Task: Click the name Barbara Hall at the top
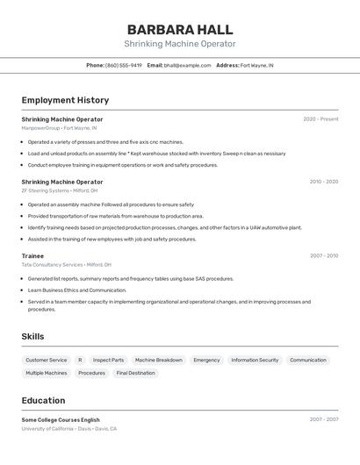coord(179,28)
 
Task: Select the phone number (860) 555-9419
coord(123,65)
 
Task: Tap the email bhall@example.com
coord(187,65)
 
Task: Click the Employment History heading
coord(65,100)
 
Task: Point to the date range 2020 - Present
coord(320,119)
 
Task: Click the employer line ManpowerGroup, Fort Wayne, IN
coord(59,128)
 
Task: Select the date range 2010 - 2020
coord(323,182)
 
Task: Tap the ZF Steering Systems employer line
coord(60,190)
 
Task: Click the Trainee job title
coord(32,256)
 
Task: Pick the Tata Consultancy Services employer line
coord(66,265)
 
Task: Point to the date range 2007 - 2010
coord(323,256)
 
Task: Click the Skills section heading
coord(32,336)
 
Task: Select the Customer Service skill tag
coord(46,360)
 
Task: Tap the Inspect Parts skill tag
coord(108,360)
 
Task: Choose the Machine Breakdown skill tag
coord(159,360)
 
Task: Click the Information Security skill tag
coord(255,360)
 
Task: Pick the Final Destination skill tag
coord(135,373)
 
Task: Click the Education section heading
coord(43,400)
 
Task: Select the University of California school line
coord(68,429)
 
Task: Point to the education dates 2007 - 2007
coord(323,419)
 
